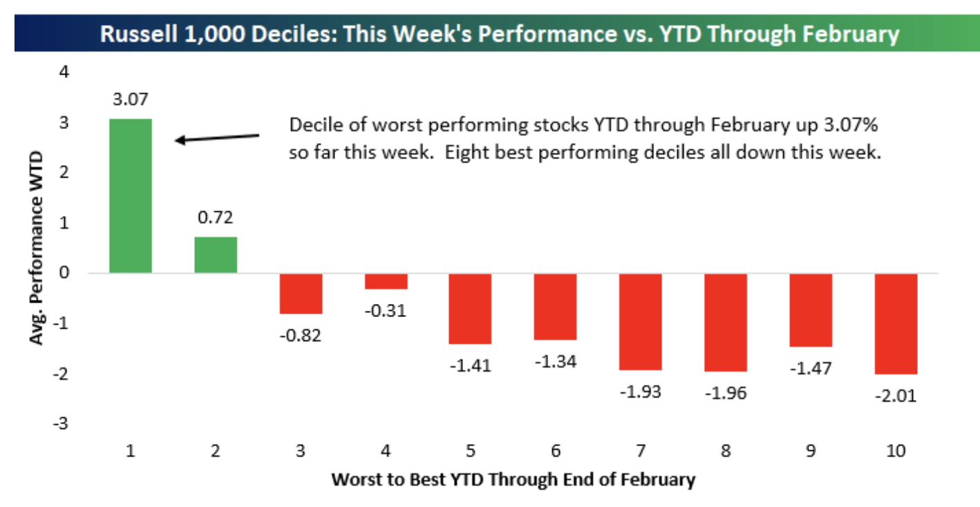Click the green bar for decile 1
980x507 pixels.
point(131,196)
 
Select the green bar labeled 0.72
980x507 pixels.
point(216,255)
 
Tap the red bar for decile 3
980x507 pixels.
point(301,294)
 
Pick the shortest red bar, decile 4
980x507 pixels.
point(386,281)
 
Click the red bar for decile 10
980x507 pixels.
point(895,323)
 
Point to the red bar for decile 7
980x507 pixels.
point(640,321)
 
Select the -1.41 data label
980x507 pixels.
point(470,365)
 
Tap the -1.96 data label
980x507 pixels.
point(725,394)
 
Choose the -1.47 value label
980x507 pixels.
point(810,368)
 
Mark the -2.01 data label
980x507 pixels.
point(895,396)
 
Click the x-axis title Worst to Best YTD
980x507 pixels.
point(513,479)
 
